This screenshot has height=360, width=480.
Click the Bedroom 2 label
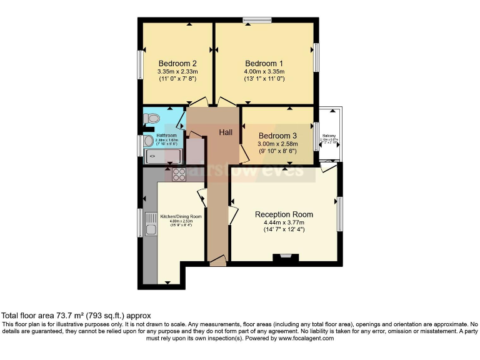click(177, 64)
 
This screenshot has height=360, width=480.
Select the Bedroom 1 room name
click(264, 64)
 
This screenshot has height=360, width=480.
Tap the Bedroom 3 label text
click(277, 136)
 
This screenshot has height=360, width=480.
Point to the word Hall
click(226, 132)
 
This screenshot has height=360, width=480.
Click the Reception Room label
click(284, 214)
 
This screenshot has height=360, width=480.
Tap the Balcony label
click(329, 136)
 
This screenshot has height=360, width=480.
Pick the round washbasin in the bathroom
click(149, 141)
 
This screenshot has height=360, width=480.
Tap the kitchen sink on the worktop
click(151, 223)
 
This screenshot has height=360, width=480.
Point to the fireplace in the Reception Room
click(286, 256)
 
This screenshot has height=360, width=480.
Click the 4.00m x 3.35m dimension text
click(264, 72)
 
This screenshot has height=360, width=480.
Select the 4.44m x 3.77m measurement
click(284, 222)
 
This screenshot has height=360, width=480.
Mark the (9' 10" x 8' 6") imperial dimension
click(277, 152)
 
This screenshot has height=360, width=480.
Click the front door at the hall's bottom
click(217, 261)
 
